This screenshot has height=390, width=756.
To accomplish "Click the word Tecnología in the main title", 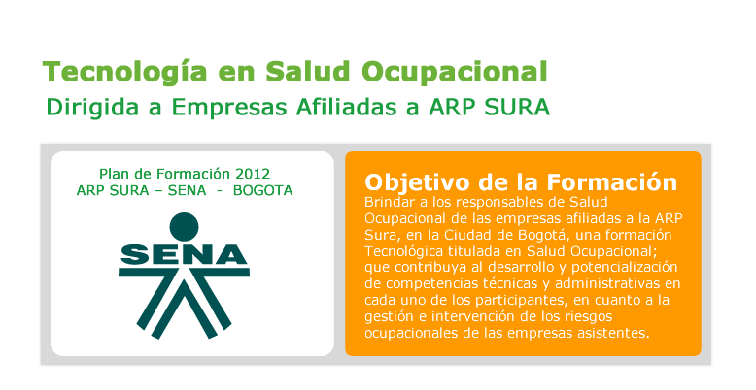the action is click(125, 72).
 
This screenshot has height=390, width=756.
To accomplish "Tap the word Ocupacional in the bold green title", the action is click(455, 72).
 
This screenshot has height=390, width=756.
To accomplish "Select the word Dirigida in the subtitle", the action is click(92, 108).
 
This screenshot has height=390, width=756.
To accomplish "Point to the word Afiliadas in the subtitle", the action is click(347, 107).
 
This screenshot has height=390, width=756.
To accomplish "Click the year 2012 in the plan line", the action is click(253, 174).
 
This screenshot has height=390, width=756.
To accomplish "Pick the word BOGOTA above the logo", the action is click(262, 191).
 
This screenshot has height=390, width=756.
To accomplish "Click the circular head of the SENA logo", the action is click(185, 227).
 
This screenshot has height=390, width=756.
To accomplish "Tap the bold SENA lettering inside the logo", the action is click(184, 254).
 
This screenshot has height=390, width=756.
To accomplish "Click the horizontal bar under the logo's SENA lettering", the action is click(184, 272).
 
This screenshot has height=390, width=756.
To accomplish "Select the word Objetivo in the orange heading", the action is click(418, 183).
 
